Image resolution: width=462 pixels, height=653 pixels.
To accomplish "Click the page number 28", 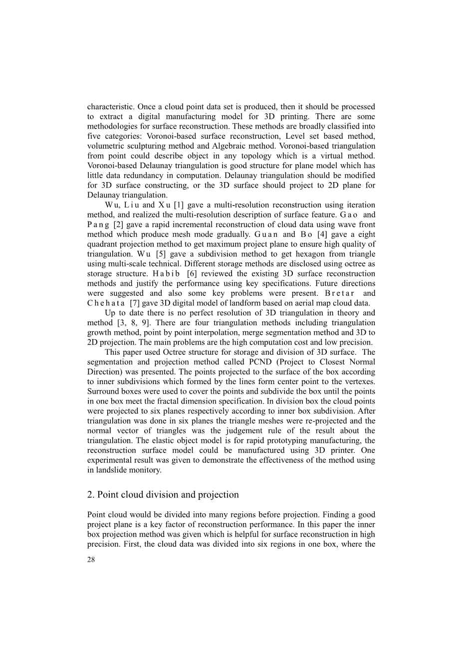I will tap(91, 560).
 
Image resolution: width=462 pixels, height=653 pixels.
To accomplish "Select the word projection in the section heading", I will tap(218, 495).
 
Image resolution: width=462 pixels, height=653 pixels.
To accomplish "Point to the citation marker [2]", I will tap(118, 224).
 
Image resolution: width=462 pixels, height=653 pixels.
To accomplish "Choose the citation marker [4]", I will tap(323, 234).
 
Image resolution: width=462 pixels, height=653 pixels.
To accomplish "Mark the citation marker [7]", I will tap(134, 303).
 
